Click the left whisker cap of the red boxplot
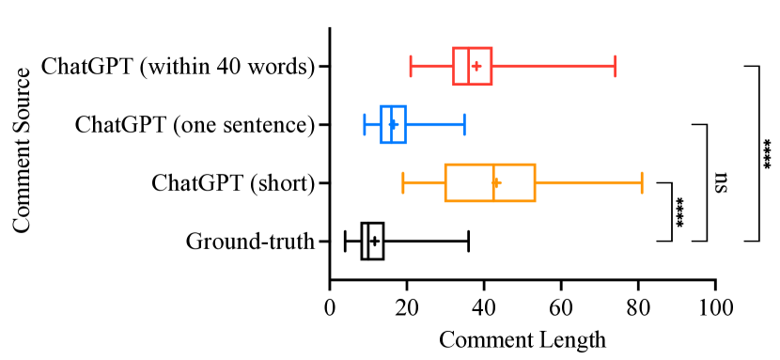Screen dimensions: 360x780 point(411,66)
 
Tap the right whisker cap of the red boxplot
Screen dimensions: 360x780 point(615,66)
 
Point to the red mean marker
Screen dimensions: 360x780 point(476,66)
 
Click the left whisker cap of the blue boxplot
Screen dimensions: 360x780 point(365,124)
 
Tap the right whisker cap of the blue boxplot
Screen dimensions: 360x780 point(464,124)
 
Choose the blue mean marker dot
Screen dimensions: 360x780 point(394,124)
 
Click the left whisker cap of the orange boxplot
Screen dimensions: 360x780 point(403,182)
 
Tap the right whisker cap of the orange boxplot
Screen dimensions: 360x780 point(642,182)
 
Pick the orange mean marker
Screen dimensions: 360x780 point(497,182)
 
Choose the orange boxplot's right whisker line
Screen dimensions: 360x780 point(588,182)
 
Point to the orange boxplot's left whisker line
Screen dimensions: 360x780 point(424,182)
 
